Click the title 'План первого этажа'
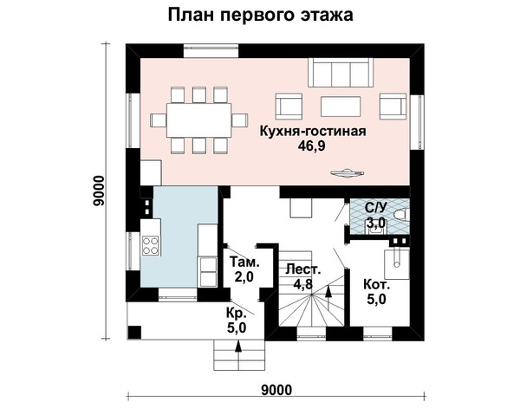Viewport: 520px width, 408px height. click(x=260, y=15)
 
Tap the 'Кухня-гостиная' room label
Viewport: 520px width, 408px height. click(x=313, y=132)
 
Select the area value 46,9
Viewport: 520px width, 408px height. click(x=312, y=146)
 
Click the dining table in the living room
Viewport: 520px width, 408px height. click(x=199, y=120)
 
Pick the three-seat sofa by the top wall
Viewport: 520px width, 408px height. click(x=341, y=73)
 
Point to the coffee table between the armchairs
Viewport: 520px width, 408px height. click(x=341, y=107)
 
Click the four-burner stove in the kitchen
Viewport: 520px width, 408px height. click(x=150, y=245)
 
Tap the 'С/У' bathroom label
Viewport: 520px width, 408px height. click(x=376, y=208)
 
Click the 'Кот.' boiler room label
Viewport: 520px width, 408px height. click(x=377, y=285)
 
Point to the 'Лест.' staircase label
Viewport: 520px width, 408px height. click(x=303, y=269)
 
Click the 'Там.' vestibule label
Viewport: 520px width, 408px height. click(x=244, y=262)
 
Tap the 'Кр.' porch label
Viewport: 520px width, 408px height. click(x=237, y=313)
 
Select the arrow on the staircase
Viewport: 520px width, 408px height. click(x=328, y=298)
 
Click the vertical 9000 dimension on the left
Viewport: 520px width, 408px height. click(x=99, y=191)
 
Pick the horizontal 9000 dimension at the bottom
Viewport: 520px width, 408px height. click(x=276, y=390)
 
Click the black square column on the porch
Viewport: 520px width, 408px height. click(x=134, y=333)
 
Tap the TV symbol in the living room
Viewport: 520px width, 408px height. click(x=348, y=173)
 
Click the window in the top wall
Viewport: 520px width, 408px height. click(x=211, y=50)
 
